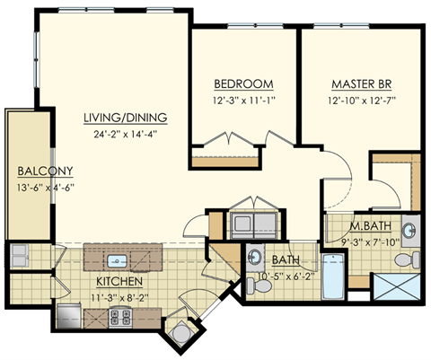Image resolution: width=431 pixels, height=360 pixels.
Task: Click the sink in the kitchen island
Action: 116,261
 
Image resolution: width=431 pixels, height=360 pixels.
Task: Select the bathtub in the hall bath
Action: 331,277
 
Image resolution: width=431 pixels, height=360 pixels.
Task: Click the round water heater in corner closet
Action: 180,334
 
